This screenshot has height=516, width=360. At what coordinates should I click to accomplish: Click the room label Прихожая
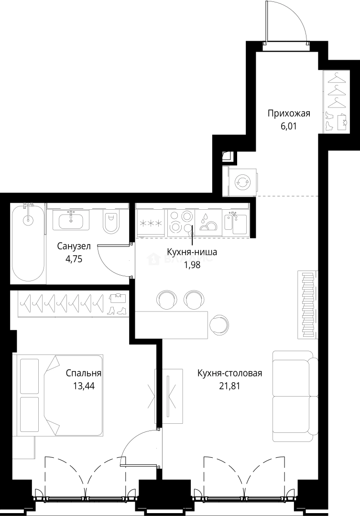point(289,114)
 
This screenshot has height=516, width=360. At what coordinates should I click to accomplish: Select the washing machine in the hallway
point(242,182)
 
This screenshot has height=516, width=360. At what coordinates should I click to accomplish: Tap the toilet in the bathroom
point(111,222)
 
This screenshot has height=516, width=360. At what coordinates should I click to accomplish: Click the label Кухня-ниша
point(192,252)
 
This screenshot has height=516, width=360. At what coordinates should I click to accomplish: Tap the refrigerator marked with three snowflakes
point(151,223)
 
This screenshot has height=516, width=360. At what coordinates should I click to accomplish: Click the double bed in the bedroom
point(60,395)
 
